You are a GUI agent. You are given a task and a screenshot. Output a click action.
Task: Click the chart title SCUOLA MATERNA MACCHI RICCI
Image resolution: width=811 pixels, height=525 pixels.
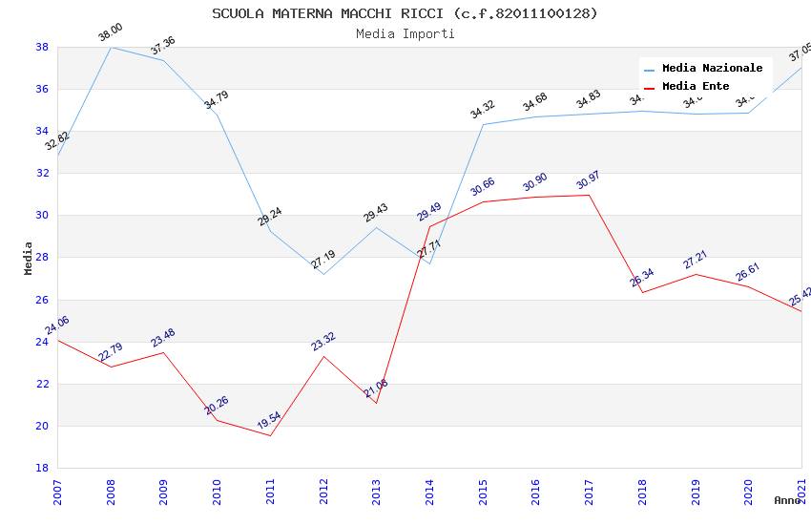click(405, 13)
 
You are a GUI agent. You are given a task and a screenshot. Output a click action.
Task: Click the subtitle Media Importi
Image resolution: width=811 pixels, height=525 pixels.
click(405, 33)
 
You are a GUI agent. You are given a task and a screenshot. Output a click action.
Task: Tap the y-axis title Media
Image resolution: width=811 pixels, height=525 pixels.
click(29, 258)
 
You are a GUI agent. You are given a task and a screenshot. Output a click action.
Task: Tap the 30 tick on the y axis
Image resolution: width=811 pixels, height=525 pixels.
click(42, 216)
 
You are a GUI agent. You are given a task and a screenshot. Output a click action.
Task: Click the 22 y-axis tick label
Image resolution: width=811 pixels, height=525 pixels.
click(42, 384)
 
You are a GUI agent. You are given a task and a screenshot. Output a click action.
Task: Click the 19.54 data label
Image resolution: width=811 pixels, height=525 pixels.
click(269, 421)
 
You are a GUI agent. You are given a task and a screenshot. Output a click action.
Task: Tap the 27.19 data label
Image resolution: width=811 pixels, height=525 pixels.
click(323, 260)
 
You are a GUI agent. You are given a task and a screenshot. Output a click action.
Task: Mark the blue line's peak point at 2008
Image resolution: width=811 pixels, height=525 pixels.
click(112, 47)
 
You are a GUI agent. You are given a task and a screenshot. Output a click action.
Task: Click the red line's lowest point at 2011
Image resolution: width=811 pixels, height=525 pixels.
click(270, 436)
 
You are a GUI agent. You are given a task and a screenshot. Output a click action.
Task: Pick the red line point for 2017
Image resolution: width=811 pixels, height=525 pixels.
click(589, 195)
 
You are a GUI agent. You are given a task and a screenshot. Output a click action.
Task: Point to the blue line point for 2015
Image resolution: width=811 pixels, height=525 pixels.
click(483, 124)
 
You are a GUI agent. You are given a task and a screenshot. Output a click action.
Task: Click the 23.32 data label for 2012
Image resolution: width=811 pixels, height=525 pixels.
click(323, 342)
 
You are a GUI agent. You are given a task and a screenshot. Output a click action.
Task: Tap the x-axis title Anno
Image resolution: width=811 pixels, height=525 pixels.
click(787, 500)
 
